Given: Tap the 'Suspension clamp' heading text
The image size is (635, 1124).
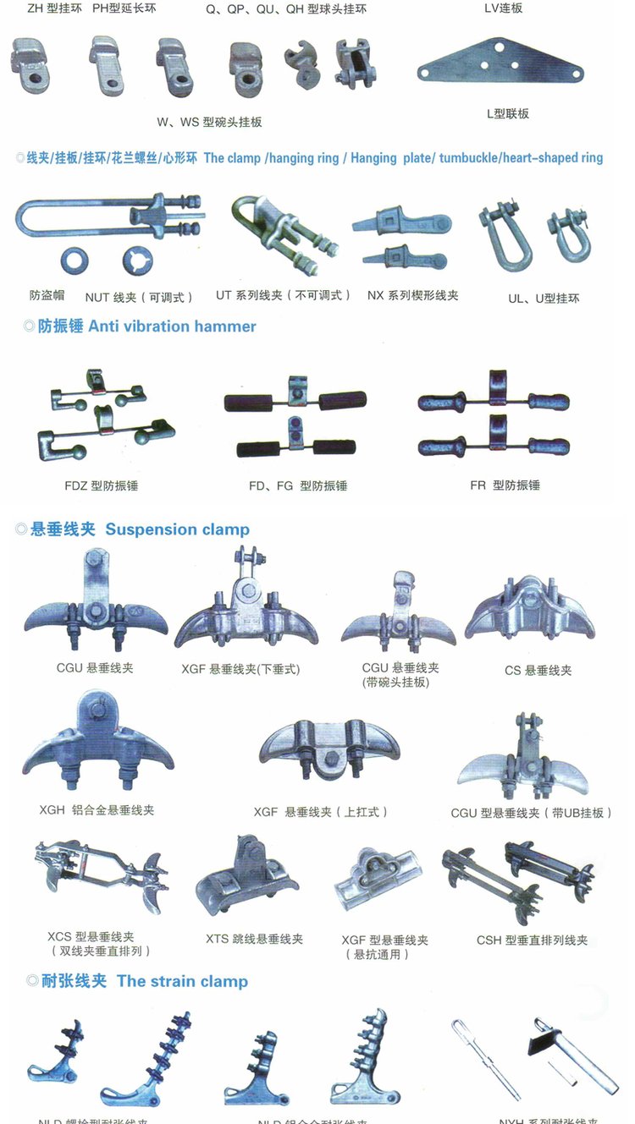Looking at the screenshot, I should [177, 530].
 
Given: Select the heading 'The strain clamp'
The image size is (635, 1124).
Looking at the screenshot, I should [182, 982].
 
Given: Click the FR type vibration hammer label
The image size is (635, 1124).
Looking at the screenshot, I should [505, 485].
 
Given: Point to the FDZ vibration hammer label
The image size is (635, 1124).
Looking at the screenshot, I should [101, 486].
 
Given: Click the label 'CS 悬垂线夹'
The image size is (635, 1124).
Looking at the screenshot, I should [538, 671].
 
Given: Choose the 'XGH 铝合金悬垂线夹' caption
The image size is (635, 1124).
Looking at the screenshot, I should [97, 810].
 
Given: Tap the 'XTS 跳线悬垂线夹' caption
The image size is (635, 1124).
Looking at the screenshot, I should [254, 939].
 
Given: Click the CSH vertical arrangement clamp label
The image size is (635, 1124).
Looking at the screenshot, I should [532, 940].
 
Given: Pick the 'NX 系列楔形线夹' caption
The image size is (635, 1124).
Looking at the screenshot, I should [412, 296].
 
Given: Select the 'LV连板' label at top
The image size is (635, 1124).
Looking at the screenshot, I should [503, 8].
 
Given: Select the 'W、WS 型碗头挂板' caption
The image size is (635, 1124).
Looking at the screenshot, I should [209, 122].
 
